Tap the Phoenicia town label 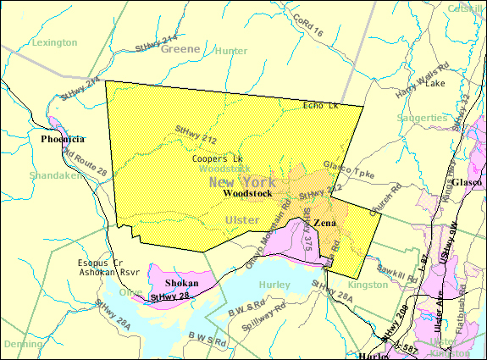coord(63,139)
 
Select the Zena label coord(325,224)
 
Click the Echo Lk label coord(321,105)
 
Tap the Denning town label coord(23,345)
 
